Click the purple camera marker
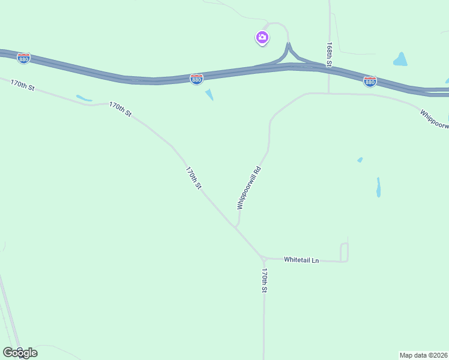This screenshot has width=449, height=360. [x=262, y=38]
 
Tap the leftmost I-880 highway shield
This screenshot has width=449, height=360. [x=23, y=58]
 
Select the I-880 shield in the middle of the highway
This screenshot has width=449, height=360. [x=196, y=79]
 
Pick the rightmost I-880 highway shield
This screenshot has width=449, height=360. [x=370, y=81]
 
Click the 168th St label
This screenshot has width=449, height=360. [x=330, y=53]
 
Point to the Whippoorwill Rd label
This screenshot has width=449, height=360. [x=250, y=187]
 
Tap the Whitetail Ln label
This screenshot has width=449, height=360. [x=301, y=260]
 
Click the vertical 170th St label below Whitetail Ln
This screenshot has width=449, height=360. [x=264, y=280]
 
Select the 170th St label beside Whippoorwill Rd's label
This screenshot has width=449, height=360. [x=193, y=178]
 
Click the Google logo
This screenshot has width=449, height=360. [x=20, y=352]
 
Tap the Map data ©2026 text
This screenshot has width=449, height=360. [x=423, y=355]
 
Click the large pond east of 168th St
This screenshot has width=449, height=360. [x=400, y=59]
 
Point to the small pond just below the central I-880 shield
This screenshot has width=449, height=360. [x=209, y=94]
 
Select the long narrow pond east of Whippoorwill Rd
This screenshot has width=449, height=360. [x=378, y=187]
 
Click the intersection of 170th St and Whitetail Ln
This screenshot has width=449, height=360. [x=264, y=259]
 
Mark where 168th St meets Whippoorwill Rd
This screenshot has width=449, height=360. [x=328, y=94]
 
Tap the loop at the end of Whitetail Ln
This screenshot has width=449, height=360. [x=344, y=252]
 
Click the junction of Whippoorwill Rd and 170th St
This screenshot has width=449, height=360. [x=236, y=227]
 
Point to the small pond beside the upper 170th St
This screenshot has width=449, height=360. [x=83, y=98]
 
